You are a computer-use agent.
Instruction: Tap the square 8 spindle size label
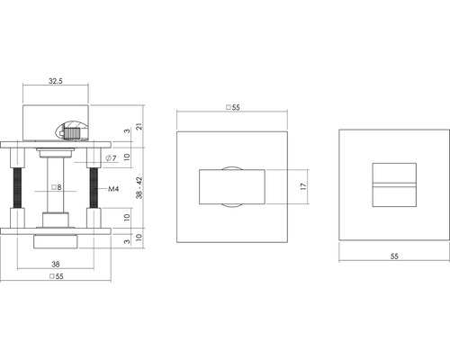coord(56,188)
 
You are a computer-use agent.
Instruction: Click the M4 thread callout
coord(114,190)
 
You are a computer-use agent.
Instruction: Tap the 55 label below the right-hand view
coord(394,256)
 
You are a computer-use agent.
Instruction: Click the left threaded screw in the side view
coord(19,189)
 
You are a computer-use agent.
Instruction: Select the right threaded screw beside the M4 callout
coord(94,189)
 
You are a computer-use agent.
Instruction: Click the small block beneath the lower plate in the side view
coord(56,241)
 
